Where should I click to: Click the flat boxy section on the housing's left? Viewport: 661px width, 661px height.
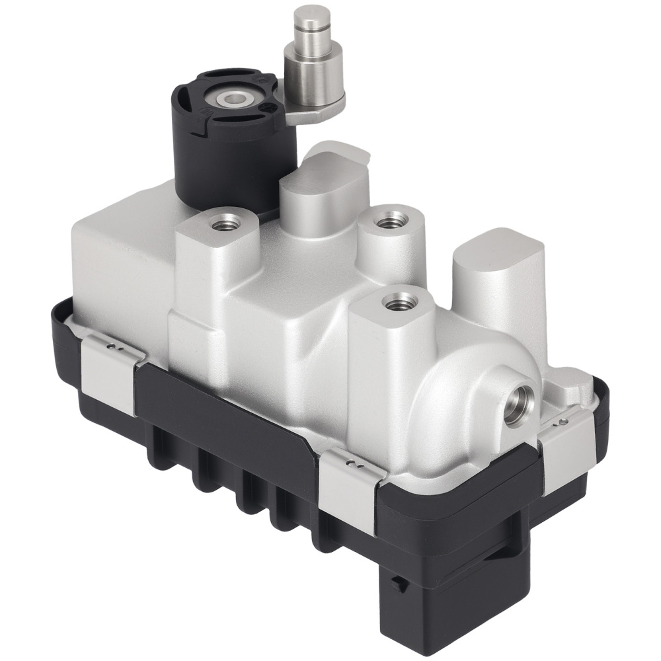112,264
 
